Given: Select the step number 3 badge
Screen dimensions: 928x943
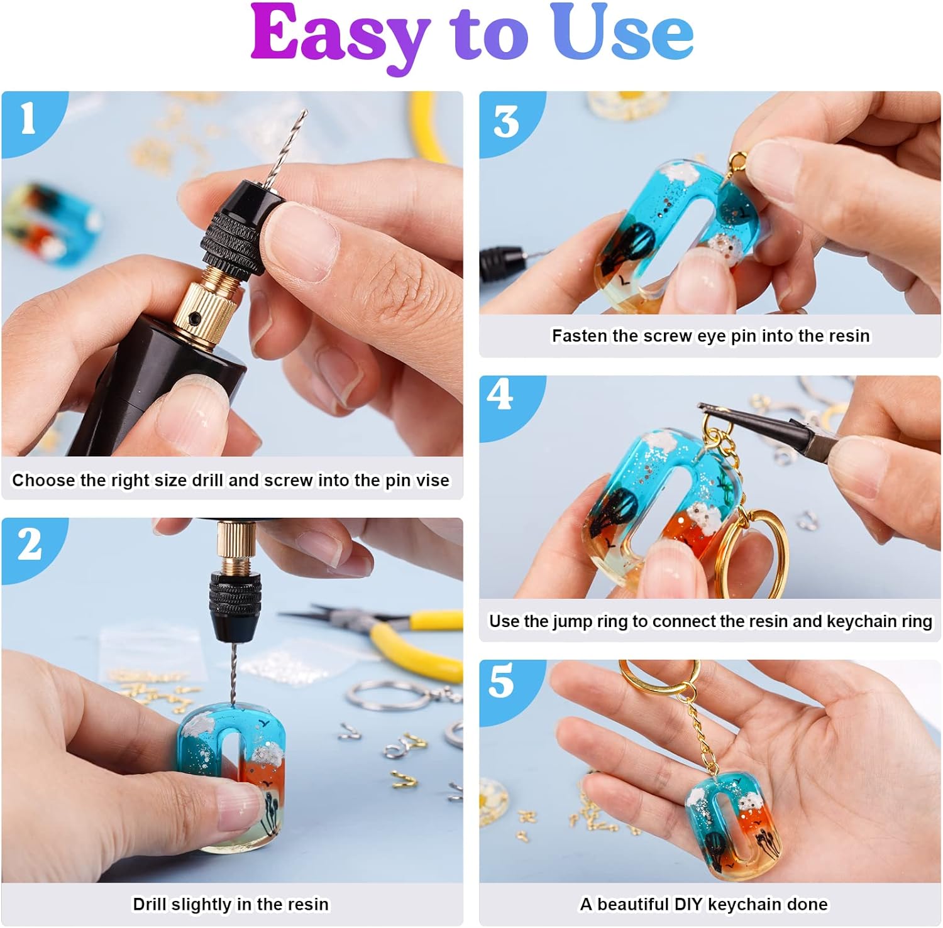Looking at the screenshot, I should (x=505, y=122).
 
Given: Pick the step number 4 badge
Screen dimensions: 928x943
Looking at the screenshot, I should (x=500, y=396).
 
